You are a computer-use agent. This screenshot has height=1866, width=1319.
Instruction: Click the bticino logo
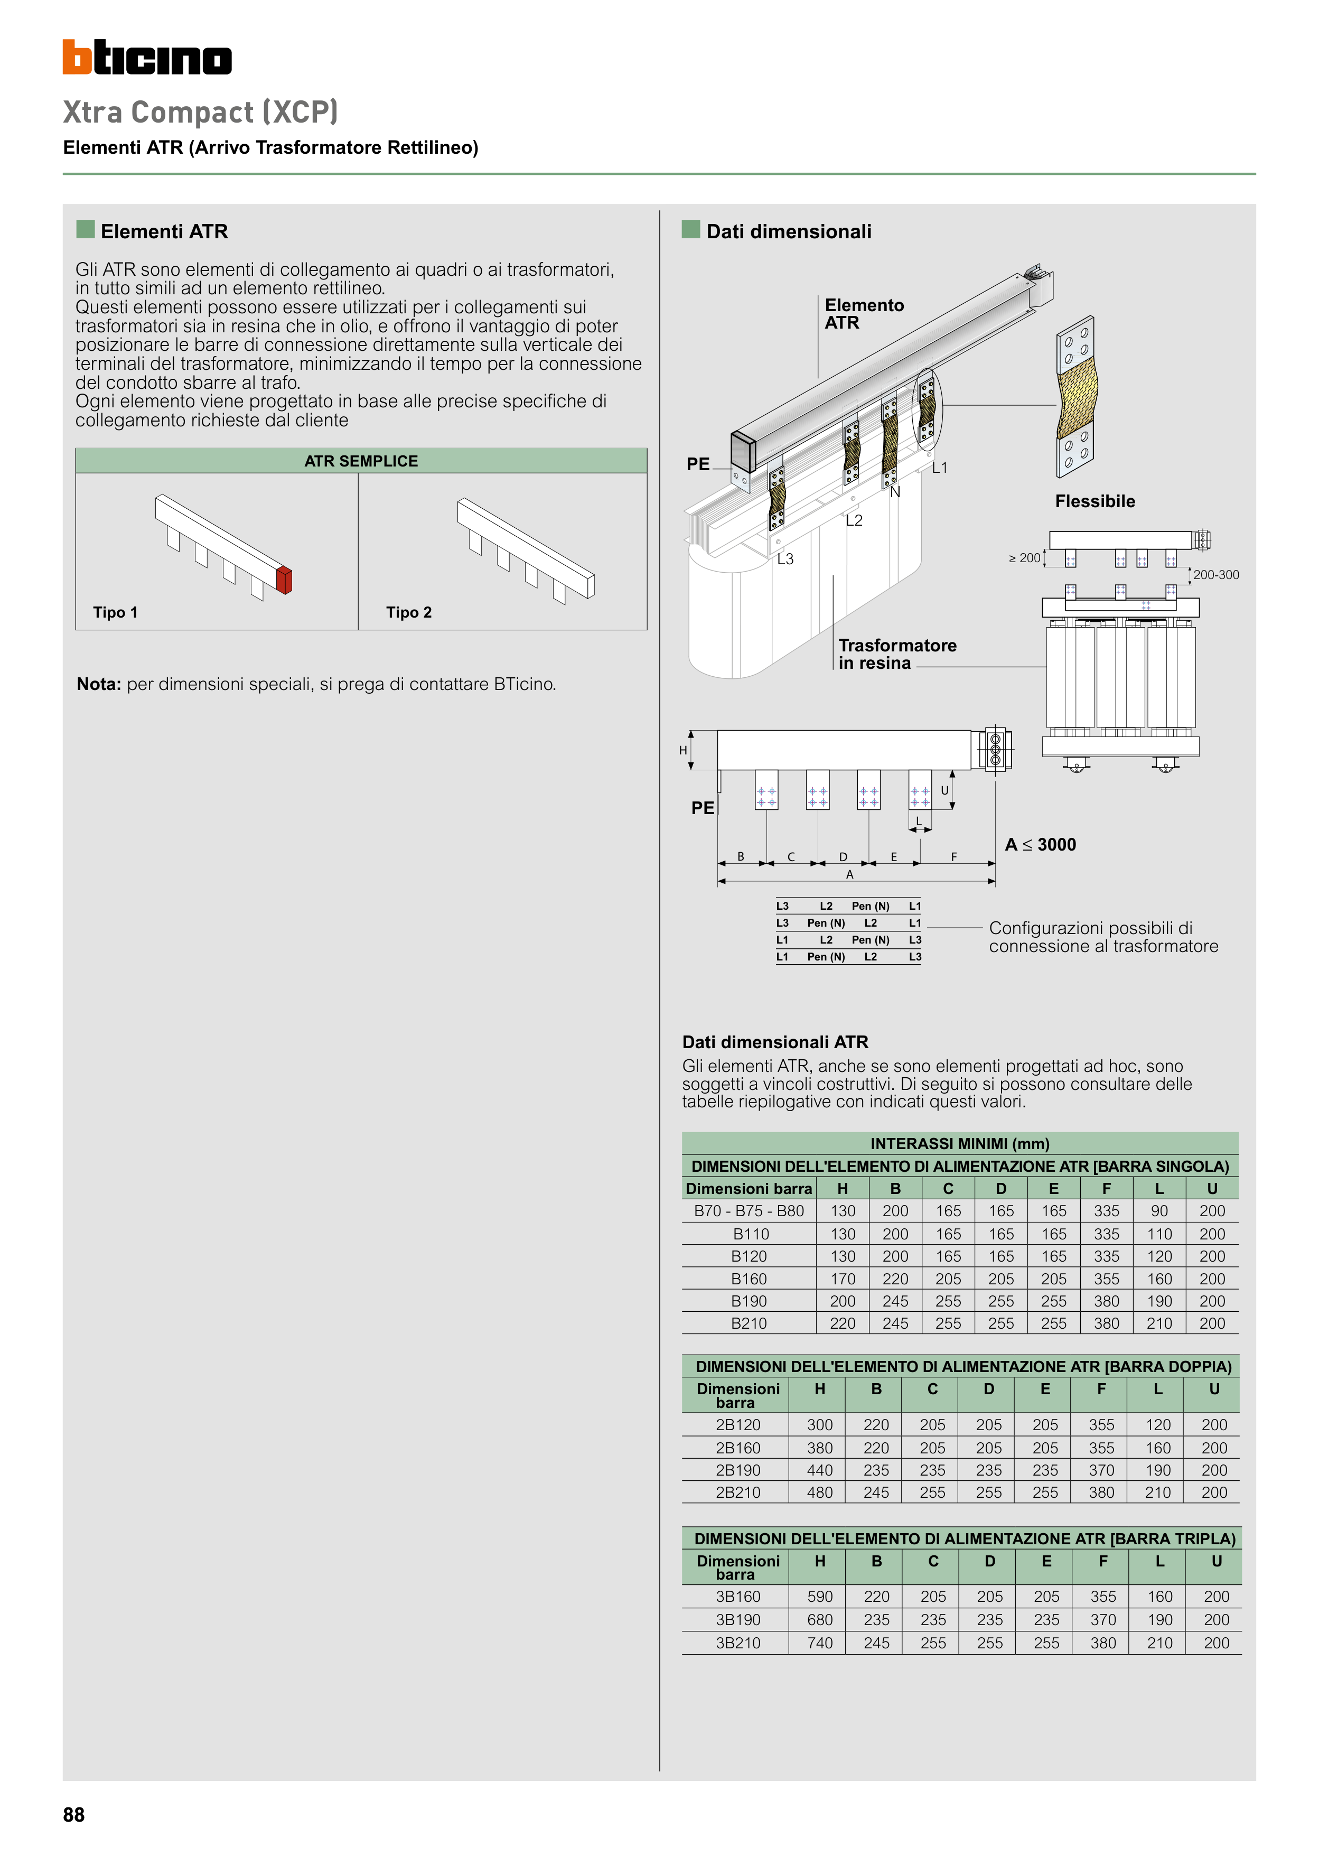(x=147, y=58)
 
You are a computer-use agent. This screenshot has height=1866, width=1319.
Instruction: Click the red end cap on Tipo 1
(x=284, y=580)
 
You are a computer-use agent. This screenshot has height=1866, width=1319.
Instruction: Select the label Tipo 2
(x=409, y=613)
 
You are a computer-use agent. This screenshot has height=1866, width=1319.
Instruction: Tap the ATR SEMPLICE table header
(x=361, y=461)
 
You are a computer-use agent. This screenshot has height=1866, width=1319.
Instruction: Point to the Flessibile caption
(x=1095, y=501)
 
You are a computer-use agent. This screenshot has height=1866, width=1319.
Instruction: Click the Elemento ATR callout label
(x=864, y=314)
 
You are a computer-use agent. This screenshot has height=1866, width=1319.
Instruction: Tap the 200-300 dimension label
(x=1216, y=575)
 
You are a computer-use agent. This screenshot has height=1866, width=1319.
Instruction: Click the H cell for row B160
(x=843, y=1279)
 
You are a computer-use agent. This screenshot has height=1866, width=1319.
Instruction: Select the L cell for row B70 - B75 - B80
(x=1159, y=1211)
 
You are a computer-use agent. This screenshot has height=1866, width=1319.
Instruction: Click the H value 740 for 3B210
(x=820, y=1643)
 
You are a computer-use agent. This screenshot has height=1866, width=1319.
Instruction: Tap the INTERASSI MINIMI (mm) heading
(x=960, y=1143)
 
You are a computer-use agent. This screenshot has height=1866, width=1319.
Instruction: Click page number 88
(x=74, y=1815)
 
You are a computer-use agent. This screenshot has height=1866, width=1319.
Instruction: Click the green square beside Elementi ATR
(x=86, y=229)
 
